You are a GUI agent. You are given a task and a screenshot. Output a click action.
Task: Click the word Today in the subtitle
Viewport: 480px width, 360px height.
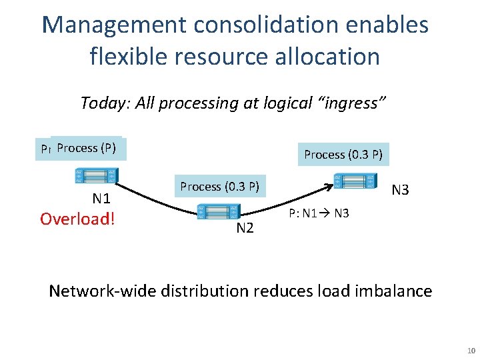pos(97,103)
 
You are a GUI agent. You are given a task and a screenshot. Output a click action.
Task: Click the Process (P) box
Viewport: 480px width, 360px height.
pos(87,148)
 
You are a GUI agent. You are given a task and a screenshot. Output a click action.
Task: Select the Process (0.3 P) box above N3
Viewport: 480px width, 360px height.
pos(343,155)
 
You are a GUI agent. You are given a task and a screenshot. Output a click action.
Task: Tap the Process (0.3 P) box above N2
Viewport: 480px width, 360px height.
pos(219,187)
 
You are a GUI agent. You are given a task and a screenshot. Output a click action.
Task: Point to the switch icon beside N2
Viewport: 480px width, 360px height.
pos(216,211)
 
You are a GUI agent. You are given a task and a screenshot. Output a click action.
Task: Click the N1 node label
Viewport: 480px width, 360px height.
pos(101,198)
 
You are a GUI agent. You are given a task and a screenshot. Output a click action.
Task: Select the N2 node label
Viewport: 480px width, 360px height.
pos(245,228)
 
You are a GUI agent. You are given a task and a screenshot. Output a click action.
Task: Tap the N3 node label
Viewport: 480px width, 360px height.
pos(400,190)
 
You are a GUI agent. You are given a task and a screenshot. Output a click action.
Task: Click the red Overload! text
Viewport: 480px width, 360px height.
pos(77,219)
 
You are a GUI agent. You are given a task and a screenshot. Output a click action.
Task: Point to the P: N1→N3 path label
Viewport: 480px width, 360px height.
pos(319,213)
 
